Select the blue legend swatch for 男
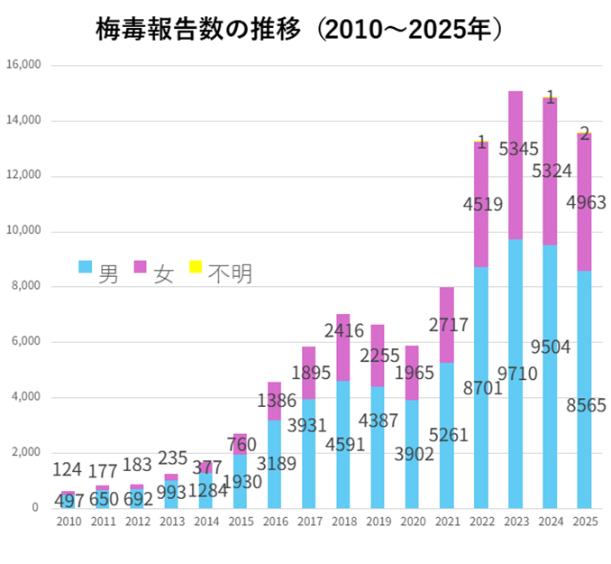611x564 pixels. click(86, 267)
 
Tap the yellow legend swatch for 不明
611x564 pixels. click(195, 267)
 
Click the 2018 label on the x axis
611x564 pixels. click(343, 522)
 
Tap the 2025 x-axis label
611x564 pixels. click(584, 522)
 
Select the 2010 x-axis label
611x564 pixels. click(68, 522)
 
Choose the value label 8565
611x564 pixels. click(584, 406)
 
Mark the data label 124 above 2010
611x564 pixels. click(68, 470)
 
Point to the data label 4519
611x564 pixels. click(481, 205)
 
